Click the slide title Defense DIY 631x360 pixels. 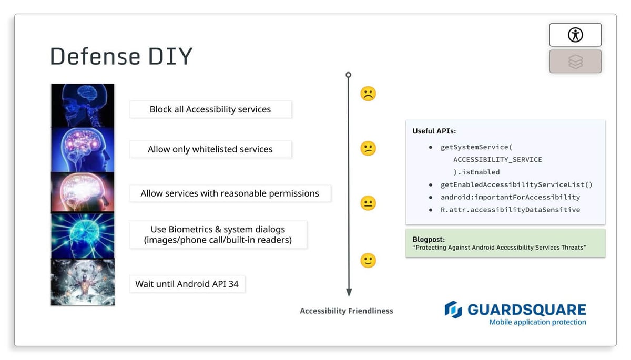coord(121,56)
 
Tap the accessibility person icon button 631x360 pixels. coord(575,35)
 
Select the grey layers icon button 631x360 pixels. coord(575,61)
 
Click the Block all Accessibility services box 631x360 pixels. coord(210,109)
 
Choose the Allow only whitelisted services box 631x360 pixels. coord(210,149)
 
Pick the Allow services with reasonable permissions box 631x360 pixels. coord(230,193)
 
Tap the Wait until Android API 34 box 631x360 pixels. coord(187,284)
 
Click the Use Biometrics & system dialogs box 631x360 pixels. coord(218,235)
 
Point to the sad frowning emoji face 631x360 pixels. coord(368,94)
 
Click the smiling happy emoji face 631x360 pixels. coord(368,260)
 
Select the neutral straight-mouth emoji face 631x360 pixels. coord(368,203)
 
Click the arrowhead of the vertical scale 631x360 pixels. coord(349,292)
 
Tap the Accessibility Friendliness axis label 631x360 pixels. coord(347,311)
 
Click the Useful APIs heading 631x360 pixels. coord(434,131)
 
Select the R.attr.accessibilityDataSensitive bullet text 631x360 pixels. coord(510,210)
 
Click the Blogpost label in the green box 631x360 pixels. coord(429,239)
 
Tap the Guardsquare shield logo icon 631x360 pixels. coord(453,310)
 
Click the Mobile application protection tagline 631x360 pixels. coord(537,322)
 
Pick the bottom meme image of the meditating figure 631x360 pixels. coord(83,282)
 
